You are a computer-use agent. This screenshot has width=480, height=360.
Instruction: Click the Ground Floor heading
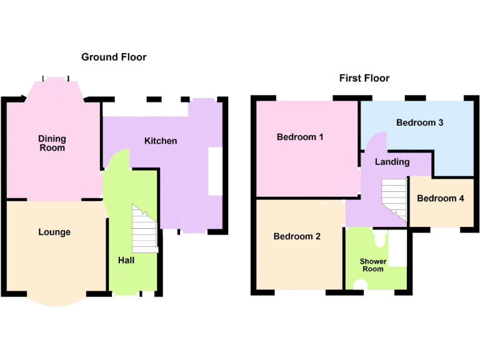[114, 57]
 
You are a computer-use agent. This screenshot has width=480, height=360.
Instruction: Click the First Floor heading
[364, 78]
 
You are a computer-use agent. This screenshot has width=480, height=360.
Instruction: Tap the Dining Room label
[52, 143]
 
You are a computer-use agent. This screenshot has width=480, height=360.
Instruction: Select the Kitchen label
[161, 141]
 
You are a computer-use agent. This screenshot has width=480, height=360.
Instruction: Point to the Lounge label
[54, 232]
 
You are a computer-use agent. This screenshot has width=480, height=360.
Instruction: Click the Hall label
[126, 260]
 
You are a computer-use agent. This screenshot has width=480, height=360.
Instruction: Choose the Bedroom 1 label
[300, 136]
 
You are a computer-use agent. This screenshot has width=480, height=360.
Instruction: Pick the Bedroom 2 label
[297, 236]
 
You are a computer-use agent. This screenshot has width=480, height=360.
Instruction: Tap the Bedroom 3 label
[419, 122]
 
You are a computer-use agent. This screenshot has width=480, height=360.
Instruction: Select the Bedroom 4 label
[441, 198]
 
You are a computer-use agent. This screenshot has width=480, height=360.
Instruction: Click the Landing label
[392, 161]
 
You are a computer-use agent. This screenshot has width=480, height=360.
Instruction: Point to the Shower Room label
[372, 265]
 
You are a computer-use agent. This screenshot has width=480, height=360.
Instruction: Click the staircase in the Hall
[144, 229]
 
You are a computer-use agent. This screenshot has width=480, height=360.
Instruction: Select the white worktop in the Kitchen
[215, 172]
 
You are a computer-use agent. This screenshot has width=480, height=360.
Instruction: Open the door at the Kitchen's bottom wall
[191, 222]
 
